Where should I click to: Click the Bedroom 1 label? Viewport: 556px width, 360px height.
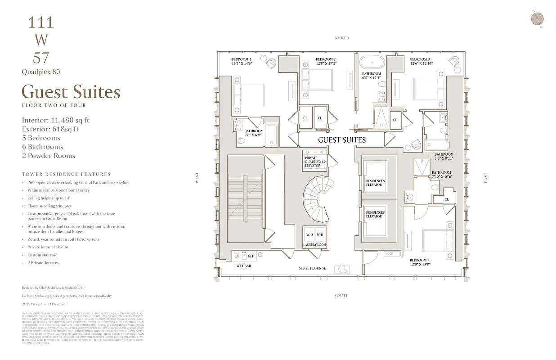tap(242, 59)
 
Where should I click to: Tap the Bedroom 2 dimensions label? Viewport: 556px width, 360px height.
tap(326, 64)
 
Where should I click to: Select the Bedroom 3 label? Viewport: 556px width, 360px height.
tap(420, 59)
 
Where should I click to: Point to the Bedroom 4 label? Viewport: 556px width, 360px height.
tap(419, 260)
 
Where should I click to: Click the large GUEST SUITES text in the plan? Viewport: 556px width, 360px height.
tap(342, 140)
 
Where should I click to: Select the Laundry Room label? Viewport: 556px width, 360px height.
tap(314, 245)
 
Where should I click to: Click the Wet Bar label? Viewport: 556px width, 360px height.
tap(243, 266)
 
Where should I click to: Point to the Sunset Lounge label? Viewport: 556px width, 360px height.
tap(312, 268)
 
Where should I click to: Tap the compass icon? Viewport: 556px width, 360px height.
tap(537, 18)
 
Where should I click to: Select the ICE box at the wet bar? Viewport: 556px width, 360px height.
tap(237, 256)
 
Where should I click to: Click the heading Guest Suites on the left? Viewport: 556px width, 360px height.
tap(71, 92)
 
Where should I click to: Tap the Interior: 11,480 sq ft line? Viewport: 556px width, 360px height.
tap(55, 120)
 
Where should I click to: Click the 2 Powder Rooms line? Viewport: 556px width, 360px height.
tap(48, 156)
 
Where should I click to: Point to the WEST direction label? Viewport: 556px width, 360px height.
tap(197, 179)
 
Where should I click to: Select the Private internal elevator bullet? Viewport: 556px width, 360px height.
tap(49, 247)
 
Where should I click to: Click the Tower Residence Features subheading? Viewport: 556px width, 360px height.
tap(66, 174)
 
